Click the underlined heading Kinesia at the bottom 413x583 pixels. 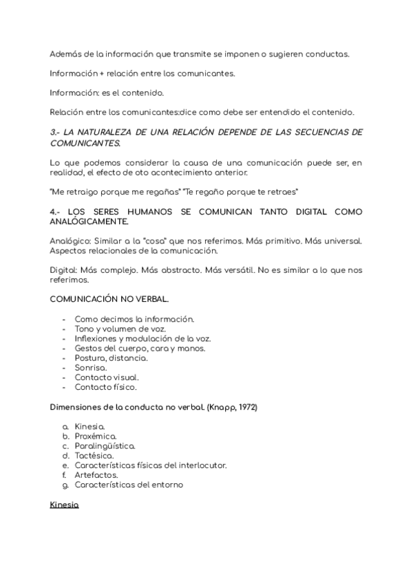pos(65,505)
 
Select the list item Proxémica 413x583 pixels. pos(95,436)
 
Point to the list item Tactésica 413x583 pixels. pos(94,455)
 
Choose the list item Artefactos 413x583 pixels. pos(96,474)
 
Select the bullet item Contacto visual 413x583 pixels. pos(107,377)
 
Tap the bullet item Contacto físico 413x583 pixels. pos(105,387)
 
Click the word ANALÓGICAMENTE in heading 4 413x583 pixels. pos(89,222)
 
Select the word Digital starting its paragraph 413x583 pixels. pos(63,270)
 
